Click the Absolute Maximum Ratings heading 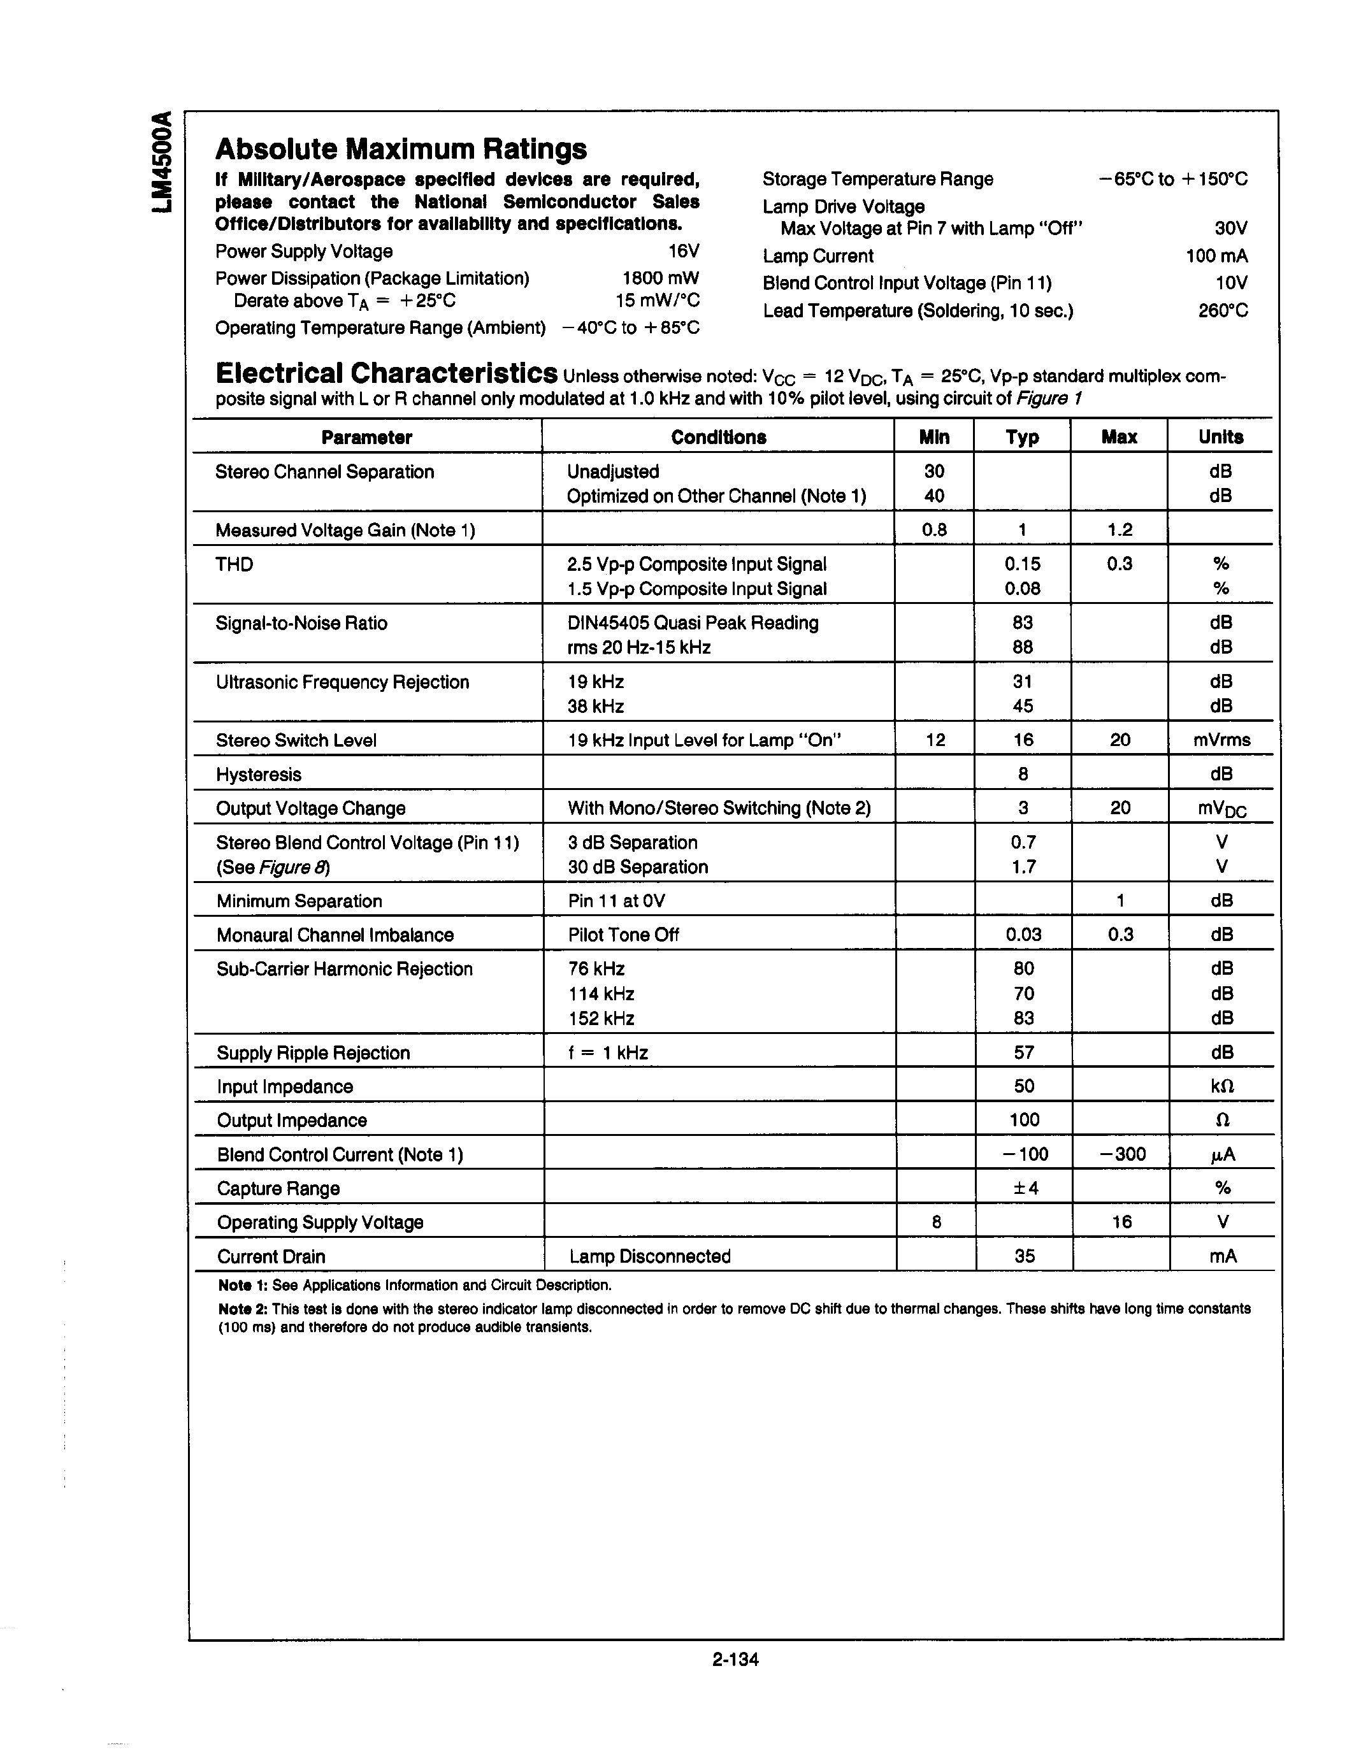(x=401, y=149)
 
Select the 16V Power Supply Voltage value (x=684, y=252)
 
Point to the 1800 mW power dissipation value (x=660, y=278)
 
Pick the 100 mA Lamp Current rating (x=1216, y=256)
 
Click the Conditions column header (x=718, y=437)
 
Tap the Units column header (x=1220, y=437)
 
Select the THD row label (x=234, y=564)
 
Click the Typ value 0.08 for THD (x=1022, y=589)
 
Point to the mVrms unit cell (x=1221, y=740)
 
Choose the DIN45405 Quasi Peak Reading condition (x=692, y=623)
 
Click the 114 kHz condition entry (x=601, y=994)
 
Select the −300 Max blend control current (x=1121, y=1154)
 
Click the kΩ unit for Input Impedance (x=1221, y=1087)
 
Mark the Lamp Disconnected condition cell (x=650, y=1256)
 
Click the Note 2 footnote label (x=241, y=1309)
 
